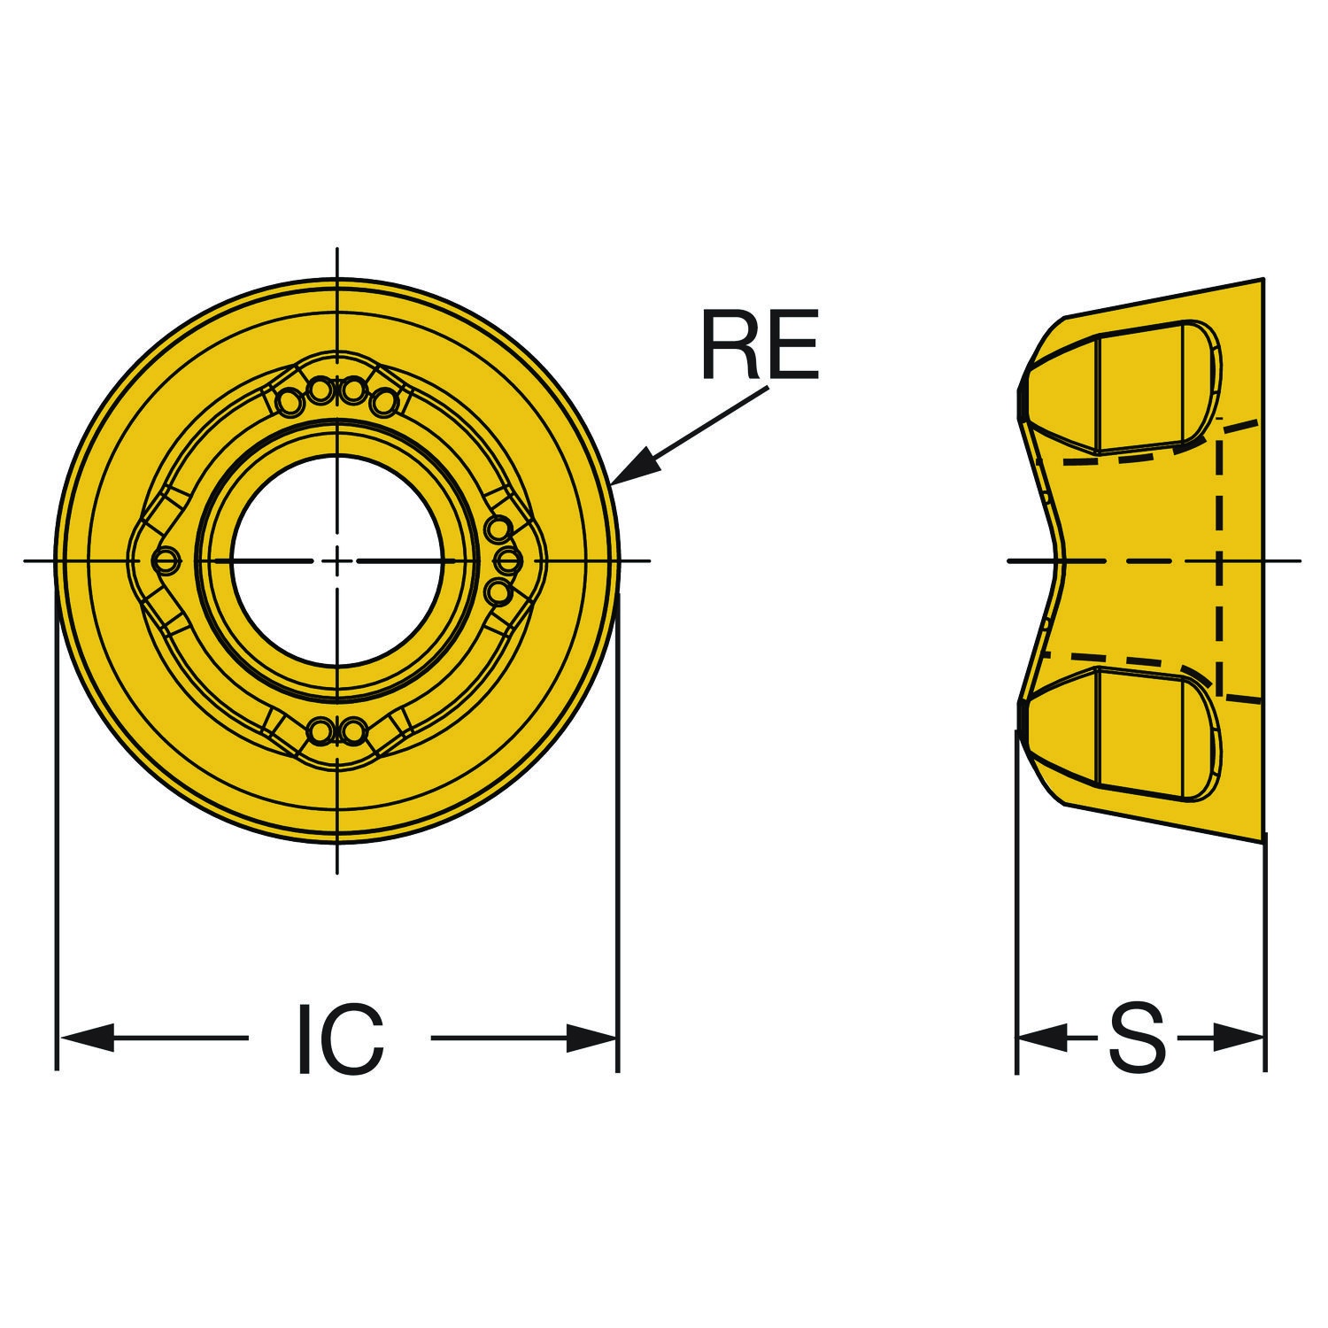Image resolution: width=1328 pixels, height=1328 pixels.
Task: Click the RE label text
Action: pyautogui.click(x=759, y=344)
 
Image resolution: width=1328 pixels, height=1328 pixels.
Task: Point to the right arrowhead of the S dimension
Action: pyautogui.click(x=1239, y=1038)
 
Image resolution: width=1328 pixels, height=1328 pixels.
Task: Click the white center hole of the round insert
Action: pyautogui.click(x=337, y=560)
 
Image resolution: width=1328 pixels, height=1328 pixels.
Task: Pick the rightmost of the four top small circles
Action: pyautogui.click(x=385, y=404)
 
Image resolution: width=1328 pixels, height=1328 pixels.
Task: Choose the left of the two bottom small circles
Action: pyautogui.click(x=320, y=730)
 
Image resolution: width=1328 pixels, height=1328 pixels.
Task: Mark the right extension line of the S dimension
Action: pyautogui.click(x=1265, y=952)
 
